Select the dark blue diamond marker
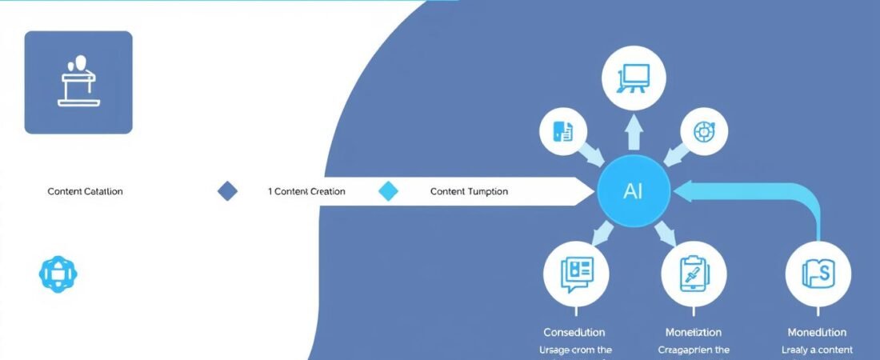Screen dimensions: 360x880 [228, 191]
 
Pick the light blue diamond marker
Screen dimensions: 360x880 [388, 191]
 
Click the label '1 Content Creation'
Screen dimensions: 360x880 [306, 192]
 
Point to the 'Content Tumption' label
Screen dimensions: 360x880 [469, 192]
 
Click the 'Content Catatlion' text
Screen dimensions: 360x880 [86, 192]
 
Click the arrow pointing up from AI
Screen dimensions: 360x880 [634, 134]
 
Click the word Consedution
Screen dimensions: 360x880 [574, 332]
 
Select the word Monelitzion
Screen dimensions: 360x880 [693, 332]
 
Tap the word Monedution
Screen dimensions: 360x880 [817, 332]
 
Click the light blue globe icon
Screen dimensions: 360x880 [58, 274]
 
